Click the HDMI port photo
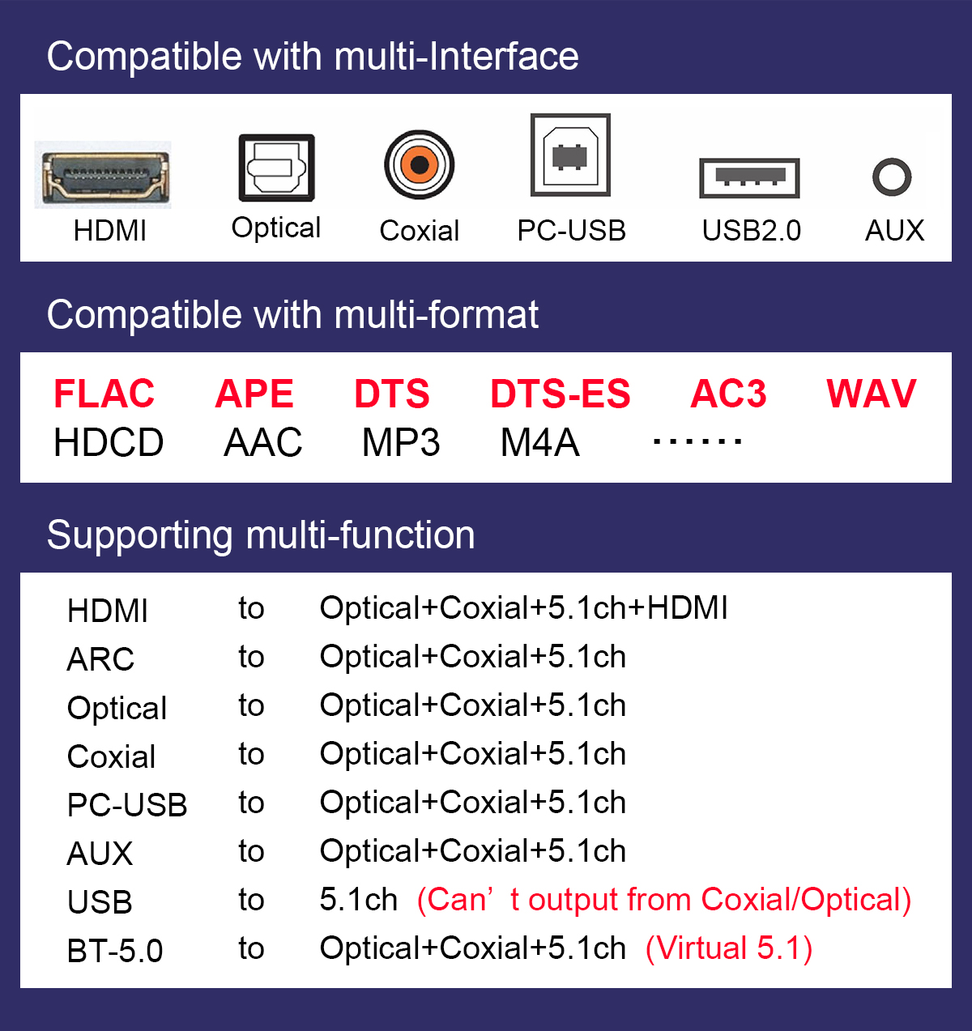click(x=103, y=175)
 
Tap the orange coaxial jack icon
click(x=419, y=164)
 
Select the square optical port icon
click(x=277, y=168)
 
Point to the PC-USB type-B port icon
click(x=570, y=155)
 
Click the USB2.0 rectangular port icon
click(x=749, y=178)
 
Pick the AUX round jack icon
click(x=892, y=177)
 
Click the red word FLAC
click(x=104, y=394)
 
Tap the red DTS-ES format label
click(x=561, y=394)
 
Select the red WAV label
click(x=872, y=394)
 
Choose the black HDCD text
click(x=109, y=443)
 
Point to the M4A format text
click(x=540, y=443)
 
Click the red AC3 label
click(x=728, y=394)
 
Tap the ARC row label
click(x=100, y=659)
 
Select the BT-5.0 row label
click(x=115, y=951)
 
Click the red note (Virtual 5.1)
click(x=728, y=948)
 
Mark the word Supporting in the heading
click(x=140, y=535)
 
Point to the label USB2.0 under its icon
click(x=752, y=231)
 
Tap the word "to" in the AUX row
click(x=251, y=852)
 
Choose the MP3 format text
click(x=401, y=443)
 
